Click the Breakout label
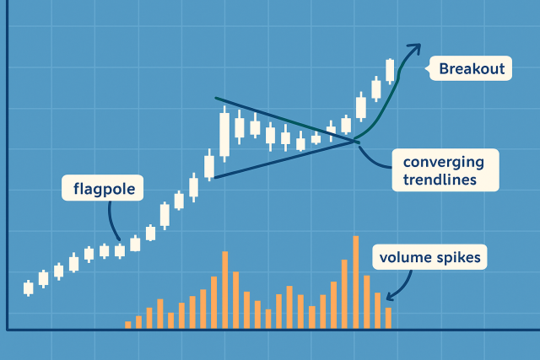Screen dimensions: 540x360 [472, 69]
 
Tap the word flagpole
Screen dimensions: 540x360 [104, 189]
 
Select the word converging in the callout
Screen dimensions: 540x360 [444, 163]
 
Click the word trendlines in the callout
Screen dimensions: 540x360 [440, 180]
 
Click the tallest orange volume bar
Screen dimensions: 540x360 [356, 282]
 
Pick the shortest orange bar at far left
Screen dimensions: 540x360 [127, 325]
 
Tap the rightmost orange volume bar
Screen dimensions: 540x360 [388, 318]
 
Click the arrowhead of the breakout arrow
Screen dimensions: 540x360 [416, 47]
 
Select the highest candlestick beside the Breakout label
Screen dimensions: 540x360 [390, 71]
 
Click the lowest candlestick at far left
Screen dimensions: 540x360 [28, 288]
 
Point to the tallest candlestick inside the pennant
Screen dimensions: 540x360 [224, 134]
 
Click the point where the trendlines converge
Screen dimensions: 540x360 [355, 141]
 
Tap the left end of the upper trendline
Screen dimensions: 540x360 [216, 98]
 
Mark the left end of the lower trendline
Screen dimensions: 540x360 [215, 178]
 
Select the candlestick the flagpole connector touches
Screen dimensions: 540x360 [120, 250]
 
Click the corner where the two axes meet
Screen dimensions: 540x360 [8, 330]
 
